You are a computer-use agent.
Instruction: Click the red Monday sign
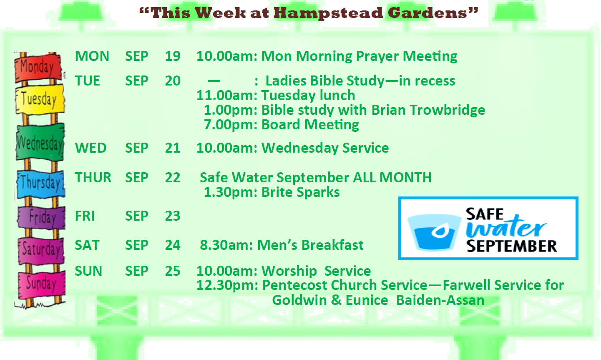pyautogui.click(x=38, y=68)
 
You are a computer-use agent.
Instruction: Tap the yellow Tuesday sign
pyautogui.click(x=40, y=99)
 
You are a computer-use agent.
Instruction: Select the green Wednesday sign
pyautogui.click(x=40, y=142)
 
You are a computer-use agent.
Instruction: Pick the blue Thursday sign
pyautogui.click(x=41, y=184)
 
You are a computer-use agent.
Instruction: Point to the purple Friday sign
pyautogui.click(x=41, y=217)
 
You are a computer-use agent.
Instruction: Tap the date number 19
pyautogui.click(x=173, y=56)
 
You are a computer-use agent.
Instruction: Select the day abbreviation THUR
pyautogui.click(x=93, y=178)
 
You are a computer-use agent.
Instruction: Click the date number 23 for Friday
pyautogui.click(x=173, y=216)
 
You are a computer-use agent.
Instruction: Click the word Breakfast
pyautogui.click(x=332, y=245)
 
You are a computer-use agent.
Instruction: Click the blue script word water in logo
pyautogui.click(x=506, y=227)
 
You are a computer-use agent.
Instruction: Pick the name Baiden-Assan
pyautogui.click(x=440, y=300)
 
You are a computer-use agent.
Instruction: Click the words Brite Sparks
pyautogui.click(x=300, y=192)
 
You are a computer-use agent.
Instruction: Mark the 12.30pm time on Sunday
pyautogui.click(x=227, y=285)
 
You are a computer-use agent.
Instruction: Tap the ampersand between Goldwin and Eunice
pyautogui.click(x=336, y=300)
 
